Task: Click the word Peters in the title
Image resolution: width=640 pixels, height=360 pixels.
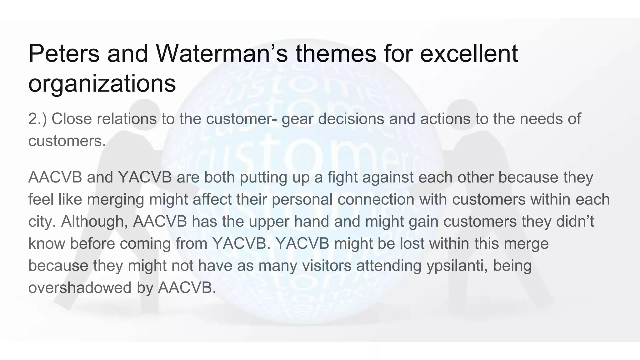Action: (x=64, y=54)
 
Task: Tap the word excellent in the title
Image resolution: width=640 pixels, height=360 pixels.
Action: (x=469, y=54)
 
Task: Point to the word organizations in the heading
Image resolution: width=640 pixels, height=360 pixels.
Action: (x=102, y=83)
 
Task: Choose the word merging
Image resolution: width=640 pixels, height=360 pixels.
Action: (x=115, y=200)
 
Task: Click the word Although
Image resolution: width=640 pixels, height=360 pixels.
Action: (x=94, y=222)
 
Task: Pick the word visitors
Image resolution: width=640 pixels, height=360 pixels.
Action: (x=327, y=266)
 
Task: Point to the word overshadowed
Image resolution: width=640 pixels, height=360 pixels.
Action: (x=80, y=287)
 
